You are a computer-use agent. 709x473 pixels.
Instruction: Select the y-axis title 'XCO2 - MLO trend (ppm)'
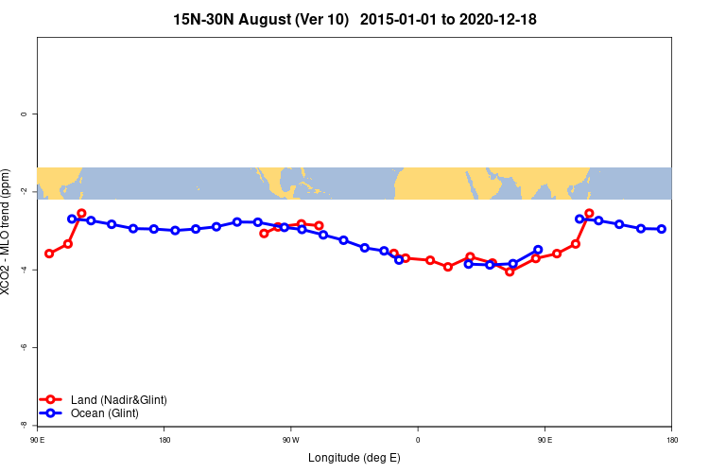click(x=9, y=232)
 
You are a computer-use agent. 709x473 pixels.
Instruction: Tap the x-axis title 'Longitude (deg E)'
click(x=354, y=458)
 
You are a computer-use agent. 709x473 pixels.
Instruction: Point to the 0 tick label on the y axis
click(x=24, y=114)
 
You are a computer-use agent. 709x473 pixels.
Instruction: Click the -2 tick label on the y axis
click(x=24, y=192)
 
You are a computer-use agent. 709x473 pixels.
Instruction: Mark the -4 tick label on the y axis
click(x=24, y=270)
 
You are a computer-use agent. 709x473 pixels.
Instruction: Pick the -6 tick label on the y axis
click(x=24, y=347)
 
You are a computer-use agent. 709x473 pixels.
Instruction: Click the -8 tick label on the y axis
click(x=24, y=425)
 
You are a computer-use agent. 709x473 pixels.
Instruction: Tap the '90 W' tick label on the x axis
click(x=290, y=440)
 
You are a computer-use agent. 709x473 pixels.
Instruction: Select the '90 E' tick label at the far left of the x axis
click(x=37, y=440)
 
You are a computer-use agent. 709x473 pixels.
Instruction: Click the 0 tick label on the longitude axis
click(x=417, y=440)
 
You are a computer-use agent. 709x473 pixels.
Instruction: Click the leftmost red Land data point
click(x=49, y=254)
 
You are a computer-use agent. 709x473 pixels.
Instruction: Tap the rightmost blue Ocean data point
click(x=662, y=229)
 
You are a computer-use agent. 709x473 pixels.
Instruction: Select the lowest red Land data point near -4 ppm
click(x=510, y=272)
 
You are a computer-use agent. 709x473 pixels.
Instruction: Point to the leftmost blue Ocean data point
click(x=72, y=219)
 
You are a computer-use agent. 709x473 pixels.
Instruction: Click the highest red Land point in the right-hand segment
click(x=589, y=214)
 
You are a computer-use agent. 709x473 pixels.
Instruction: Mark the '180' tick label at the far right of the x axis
click(x=671, y=440)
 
